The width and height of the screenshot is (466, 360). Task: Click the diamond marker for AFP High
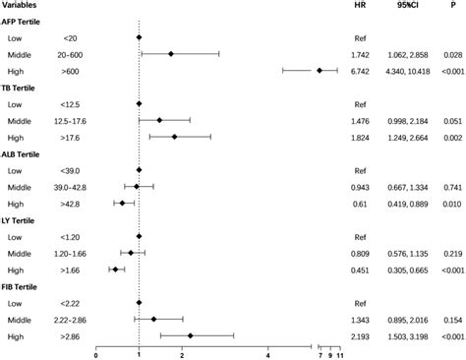[x=320, y=71]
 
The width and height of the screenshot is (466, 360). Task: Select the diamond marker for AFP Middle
[x=171, y=54]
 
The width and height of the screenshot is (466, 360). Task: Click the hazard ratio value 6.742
[x=362, y=71]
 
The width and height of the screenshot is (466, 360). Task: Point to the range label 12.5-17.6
[x=74, y=122]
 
